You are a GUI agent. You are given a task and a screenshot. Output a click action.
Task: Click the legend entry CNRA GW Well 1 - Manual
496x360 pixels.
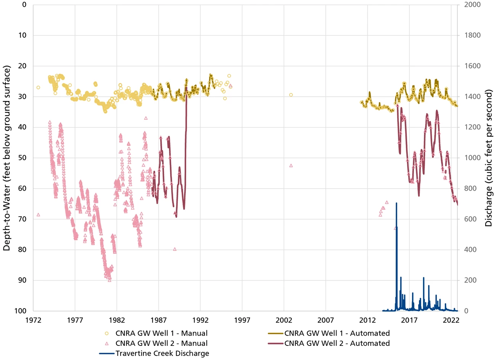[x=161, y=333]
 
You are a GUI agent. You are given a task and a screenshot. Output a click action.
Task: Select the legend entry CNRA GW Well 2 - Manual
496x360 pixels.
[x=161, y=343]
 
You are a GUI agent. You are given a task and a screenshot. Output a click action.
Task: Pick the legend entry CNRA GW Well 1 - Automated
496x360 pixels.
[x=337, y=333]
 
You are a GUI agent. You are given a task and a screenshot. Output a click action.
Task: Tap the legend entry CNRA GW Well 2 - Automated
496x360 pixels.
[x=337, y=343]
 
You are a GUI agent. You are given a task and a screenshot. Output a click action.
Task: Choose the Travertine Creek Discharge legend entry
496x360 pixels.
[x=162, y=353]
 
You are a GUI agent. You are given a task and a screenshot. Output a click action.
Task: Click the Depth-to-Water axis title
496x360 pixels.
[x=7, y=158]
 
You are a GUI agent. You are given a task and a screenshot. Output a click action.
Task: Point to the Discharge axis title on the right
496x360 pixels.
[x=489, y=158]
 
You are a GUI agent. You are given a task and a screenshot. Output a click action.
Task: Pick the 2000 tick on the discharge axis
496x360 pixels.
[x=472, y=5]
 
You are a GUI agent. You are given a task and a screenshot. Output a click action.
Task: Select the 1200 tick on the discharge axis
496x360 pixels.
[x=472, y=127]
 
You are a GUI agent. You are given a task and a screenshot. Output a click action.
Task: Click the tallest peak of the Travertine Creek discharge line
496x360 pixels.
[x=396, y=203]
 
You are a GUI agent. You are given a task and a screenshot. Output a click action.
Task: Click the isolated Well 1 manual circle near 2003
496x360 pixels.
[x=291, y=95]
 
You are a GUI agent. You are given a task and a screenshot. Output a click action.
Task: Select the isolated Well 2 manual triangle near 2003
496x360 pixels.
[x=291, y=166]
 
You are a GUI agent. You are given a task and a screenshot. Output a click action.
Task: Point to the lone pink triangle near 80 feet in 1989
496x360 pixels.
[x=175, y=249]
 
